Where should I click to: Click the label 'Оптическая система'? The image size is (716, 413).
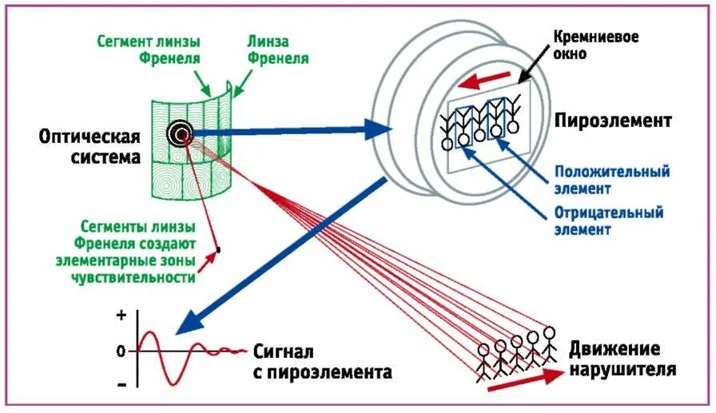tap(89, 147)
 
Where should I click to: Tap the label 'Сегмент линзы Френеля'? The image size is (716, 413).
tap(149, 49)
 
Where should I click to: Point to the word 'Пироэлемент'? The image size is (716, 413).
tap(613, 121)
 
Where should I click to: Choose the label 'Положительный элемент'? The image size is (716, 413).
tap(611, 180)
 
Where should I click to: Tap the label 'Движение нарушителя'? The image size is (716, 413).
tap(623, 359)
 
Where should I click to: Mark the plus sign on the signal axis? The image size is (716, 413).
tap(121, 316)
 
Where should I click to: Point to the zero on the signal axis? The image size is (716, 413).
tap(121, 351)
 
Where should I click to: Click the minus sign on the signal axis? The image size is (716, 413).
tap(121, 384)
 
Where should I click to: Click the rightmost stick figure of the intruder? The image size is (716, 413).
tap(549, 344)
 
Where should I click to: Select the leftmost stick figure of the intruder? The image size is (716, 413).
tap(484, 360)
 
